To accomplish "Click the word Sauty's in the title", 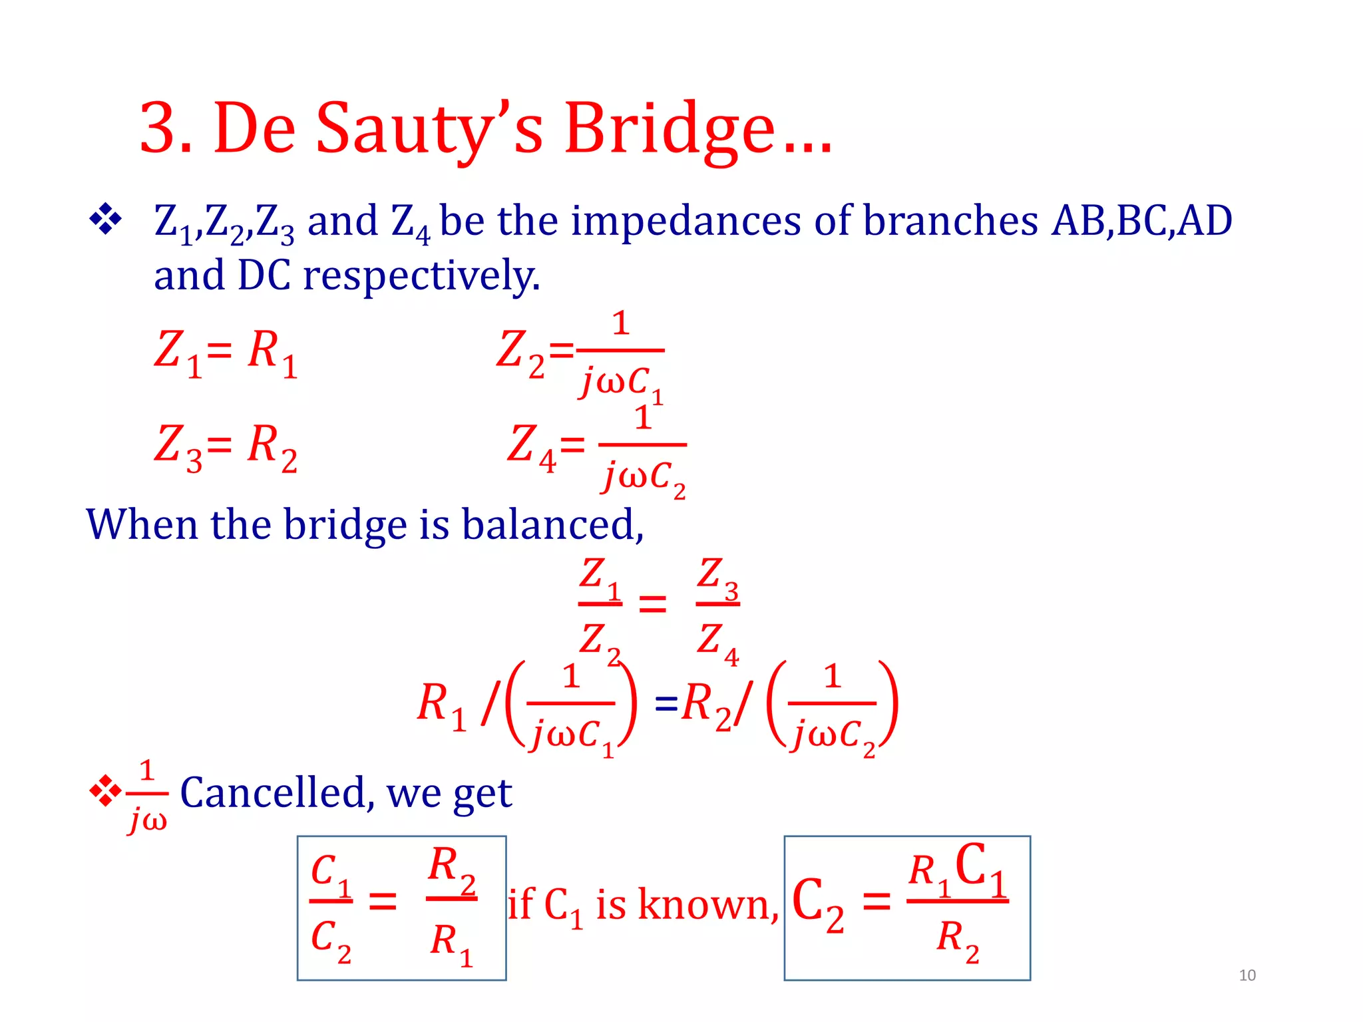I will (429, 128).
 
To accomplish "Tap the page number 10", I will (1247, 975).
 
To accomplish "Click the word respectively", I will (421, 275).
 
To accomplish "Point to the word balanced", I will (552, 525).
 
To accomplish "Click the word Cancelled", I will (273, 792).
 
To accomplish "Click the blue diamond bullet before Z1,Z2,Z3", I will (105, 219).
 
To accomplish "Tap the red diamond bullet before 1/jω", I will (105, 791).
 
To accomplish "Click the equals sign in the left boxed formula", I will (383, 902).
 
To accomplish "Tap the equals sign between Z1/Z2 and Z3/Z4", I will (652, 604).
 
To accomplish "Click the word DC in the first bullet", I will (264, 275).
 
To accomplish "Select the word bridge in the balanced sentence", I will (345, 525).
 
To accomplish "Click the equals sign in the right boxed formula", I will (876, 902).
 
